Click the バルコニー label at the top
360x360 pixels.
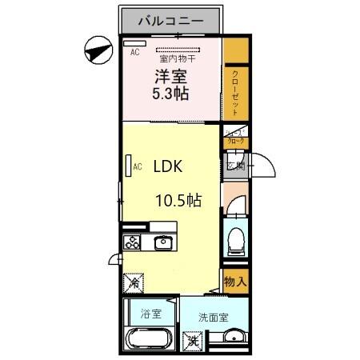pyautogui.click(x=170, y=20)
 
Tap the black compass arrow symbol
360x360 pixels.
pyautogui.click(x=97, y=50)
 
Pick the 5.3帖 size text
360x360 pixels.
pyautogui.click(x=170, y=93)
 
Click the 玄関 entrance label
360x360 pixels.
pyautogui.click(x=235, y=166)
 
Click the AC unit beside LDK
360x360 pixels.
pyautogui.click(x=127, y=166)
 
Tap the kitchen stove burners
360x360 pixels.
pyautogui.click(x=131, y=241)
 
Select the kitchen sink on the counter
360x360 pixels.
pyautogui.click(x=164, y=242)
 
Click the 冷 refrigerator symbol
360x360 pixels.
pyautogui.click(x=134, y=282)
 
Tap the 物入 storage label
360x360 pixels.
pyautogui.click(x=234, y=282)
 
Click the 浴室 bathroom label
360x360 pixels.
pyautogui.click(x=150, y=313)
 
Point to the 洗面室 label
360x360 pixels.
pyautogui.click(x=214, y=317)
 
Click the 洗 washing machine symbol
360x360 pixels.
pyautogui.click(x=192, y=340)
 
